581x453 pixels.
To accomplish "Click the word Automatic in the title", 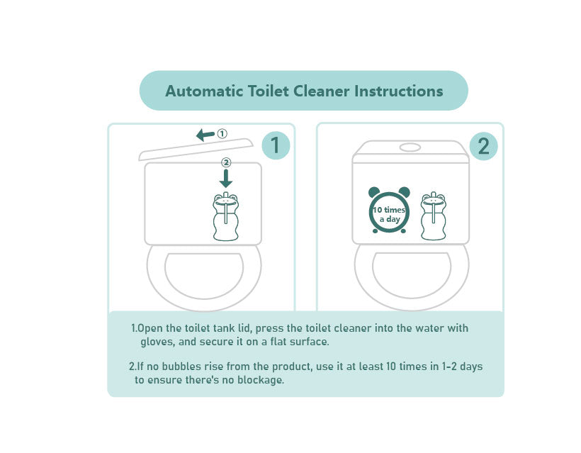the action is [204, 91].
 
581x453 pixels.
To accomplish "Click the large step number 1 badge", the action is [276, 145].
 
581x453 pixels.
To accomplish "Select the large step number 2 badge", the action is [483, 146].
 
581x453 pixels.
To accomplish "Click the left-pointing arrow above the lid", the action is [205, 135].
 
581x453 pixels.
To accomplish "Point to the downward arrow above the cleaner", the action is [225, 179].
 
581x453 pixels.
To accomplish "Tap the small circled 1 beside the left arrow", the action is [222, 133].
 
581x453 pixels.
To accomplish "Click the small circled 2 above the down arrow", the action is [226, 162].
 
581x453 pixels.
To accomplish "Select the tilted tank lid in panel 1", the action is [196, 150].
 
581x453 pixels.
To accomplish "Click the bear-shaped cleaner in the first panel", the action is [225, 216].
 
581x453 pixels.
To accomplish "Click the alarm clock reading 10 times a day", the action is [389, 210].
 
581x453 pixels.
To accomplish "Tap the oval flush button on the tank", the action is [410, 147].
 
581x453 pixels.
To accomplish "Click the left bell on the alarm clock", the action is [374, 192].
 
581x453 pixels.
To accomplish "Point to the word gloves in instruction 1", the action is [157, 342].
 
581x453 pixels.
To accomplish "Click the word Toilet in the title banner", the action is [268, 91].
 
